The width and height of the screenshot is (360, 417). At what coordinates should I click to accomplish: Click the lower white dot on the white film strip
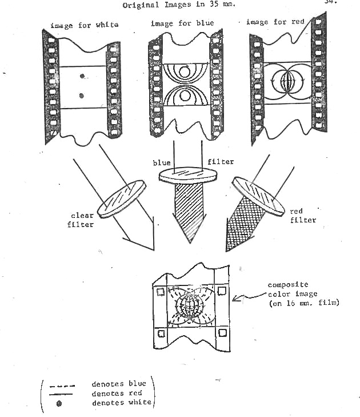(x=82, y=96)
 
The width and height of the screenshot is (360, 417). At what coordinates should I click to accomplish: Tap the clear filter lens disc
(x=121, y=200)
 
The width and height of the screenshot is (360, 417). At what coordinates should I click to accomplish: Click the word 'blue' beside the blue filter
(x=162, y=162)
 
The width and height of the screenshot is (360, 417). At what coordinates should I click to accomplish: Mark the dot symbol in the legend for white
(x=59, y=403)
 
